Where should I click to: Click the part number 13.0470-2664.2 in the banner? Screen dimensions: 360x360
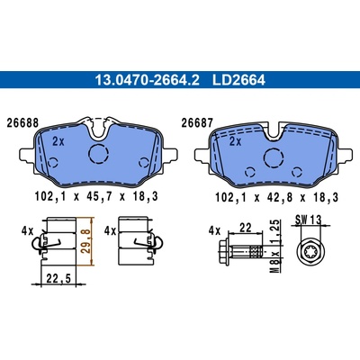tap(147, 80)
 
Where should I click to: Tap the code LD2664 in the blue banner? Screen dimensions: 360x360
tap(238, 80)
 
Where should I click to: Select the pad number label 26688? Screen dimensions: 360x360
tap(22, 123)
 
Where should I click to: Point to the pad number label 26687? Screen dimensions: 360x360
tap(197, 123)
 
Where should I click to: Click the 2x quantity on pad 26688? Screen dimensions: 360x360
tap(58, 141)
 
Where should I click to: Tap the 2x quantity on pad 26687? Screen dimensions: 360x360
tap(235, 141)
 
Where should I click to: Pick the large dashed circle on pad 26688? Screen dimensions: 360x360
tap(98, 154)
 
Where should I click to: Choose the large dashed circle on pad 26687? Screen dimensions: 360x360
tap(274, 157)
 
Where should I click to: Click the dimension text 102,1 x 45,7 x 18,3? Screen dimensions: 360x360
tap(96, 197)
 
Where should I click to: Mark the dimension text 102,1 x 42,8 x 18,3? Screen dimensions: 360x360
tap(276, 197)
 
